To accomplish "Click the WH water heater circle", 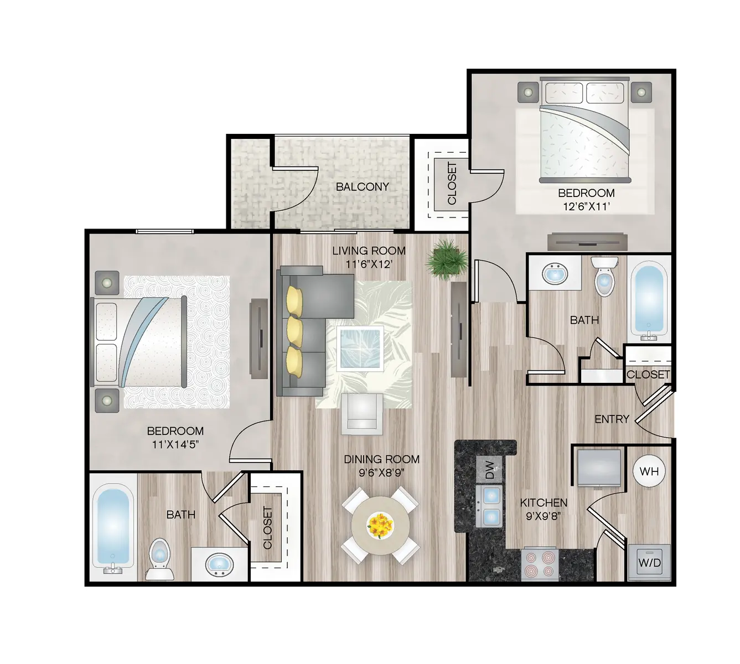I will click(649, 471).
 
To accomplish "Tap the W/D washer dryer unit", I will click(649, 562).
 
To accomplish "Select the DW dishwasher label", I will click(489, 470).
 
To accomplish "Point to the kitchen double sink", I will click(489, 506).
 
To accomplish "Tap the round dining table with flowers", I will click(380, 525).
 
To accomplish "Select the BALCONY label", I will click(363, 186).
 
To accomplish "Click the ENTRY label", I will click(612, 419).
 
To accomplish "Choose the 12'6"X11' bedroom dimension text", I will click(586, 206).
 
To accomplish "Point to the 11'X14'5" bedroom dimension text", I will click(175, 444).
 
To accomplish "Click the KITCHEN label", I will click(544, 502).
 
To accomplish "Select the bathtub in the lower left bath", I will click(113, 527).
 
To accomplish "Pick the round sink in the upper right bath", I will click(554, 273).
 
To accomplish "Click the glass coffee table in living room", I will click(360, 348).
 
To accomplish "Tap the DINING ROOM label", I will click(381, 459).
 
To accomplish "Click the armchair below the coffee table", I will click(361, 413).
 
